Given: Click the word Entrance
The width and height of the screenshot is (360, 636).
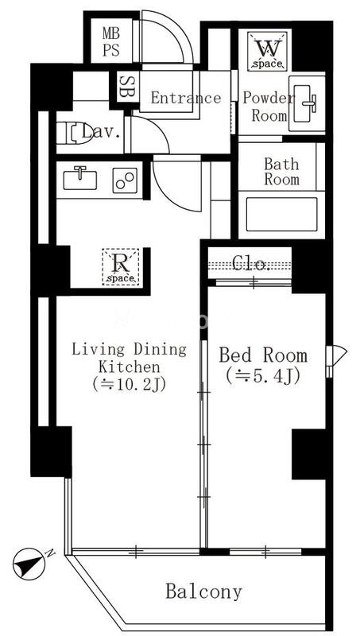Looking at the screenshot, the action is point(186,98).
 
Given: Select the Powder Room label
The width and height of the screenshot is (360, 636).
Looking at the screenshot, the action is point(269,107).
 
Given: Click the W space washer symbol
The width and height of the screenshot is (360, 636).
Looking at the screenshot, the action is point(267,52).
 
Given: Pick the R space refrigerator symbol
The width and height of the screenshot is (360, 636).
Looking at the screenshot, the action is point(121,267).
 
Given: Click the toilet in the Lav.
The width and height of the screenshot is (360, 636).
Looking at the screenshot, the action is point(75,133).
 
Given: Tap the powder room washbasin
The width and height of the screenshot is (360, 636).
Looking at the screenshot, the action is point(307,103).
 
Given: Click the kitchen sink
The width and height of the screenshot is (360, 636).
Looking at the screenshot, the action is point(79,179).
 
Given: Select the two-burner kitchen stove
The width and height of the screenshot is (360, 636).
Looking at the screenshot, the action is point(125,180).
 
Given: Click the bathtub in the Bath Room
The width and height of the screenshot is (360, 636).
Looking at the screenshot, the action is point(282,214).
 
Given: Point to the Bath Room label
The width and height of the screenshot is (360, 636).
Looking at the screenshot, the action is point(282,172).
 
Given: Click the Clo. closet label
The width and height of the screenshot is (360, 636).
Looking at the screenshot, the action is point(251,264).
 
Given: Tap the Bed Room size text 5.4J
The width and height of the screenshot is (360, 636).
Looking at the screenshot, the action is point(263,376).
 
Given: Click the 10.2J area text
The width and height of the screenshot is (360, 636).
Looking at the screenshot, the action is point(130,385).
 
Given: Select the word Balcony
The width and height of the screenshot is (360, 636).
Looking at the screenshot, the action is point(203,592).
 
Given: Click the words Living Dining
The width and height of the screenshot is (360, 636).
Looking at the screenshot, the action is point(130,349).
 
